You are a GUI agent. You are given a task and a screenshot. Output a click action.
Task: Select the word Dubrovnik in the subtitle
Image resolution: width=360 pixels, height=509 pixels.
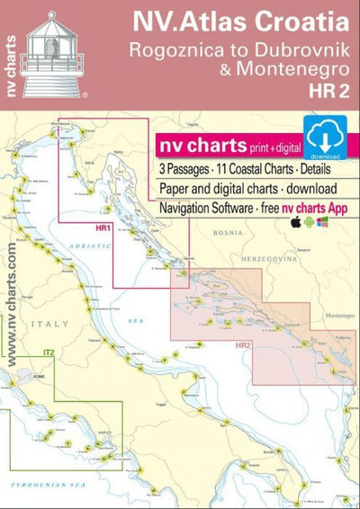pyautogui.click(x=301, y=50)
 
